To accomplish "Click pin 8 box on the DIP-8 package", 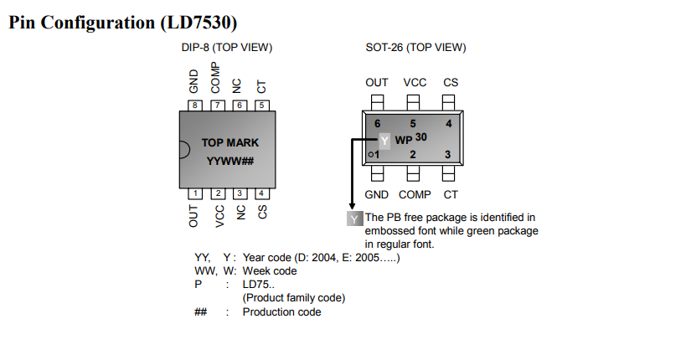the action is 195,105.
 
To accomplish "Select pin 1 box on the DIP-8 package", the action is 195,193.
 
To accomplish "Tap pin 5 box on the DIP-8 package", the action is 262,105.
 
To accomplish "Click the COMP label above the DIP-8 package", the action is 215,78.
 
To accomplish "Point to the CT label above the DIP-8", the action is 261,87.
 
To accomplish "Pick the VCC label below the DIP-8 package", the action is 219,216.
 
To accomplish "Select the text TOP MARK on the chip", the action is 230,143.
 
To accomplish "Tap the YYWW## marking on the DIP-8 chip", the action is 230,162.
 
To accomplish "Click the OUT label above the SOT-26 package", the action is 377,82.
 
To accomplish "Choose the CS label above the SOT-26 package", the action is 451,82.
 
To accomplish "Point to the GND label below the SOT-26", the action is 376,195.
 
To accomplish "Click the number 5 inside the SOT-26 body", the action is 413,124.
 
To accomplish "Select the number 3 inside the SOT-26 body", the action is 448,154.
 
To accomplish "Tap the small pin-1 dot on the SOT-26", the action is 371,155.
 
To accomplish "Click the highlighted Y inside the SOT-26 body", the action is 384,141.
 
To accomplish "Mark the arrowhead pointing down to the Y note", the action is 352,206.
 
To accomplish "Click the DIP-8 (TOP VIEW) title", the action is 227,48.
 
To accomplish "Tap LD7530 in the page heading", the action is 200,23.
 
